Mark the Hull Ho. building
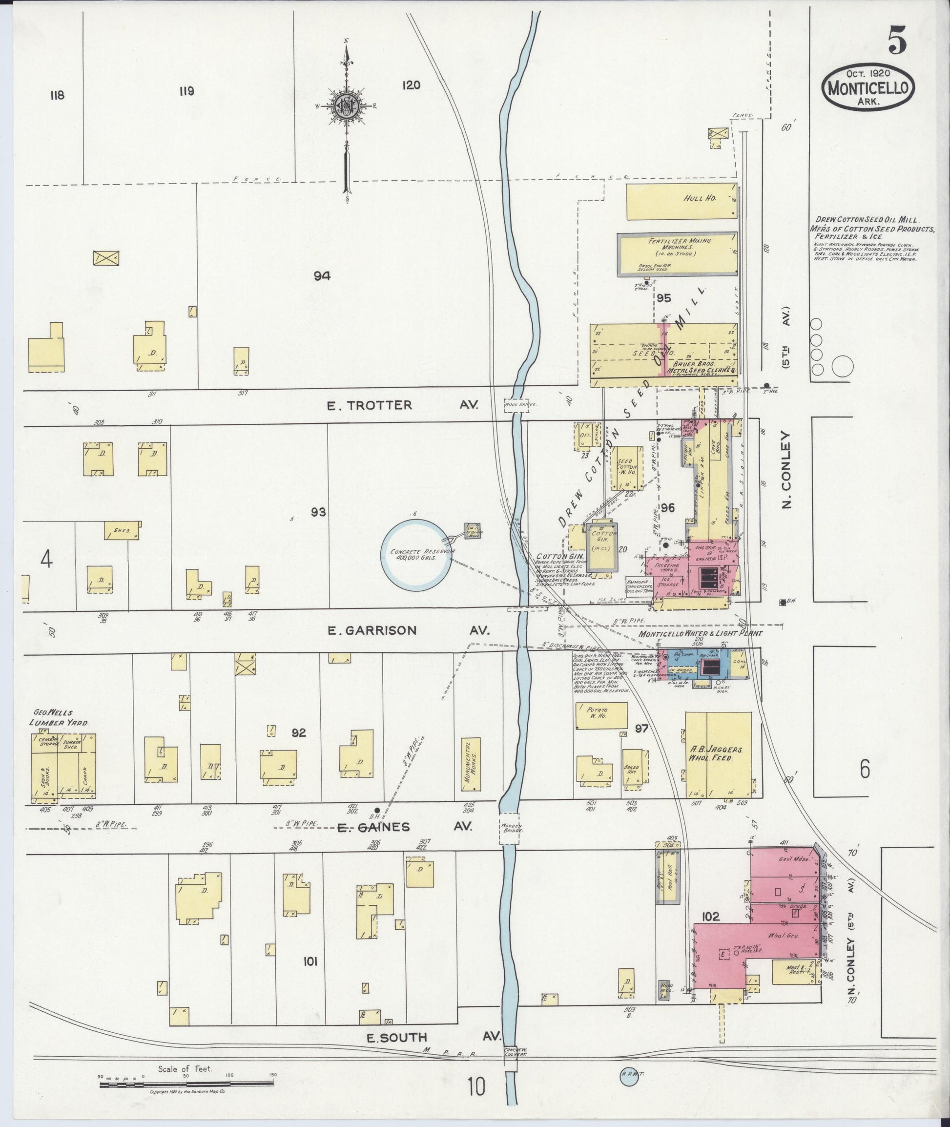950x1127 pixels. tap(682, 201)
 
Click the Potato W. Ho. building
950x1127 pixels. tap(601, 716)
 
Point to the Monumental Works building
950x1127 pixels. tap(472, 764)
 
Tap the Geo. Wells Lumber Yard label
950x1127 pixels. tap(59, 718)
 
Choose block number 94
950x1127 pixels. tap(323, 276)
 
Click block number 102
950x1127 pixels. tap(711, 917)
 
